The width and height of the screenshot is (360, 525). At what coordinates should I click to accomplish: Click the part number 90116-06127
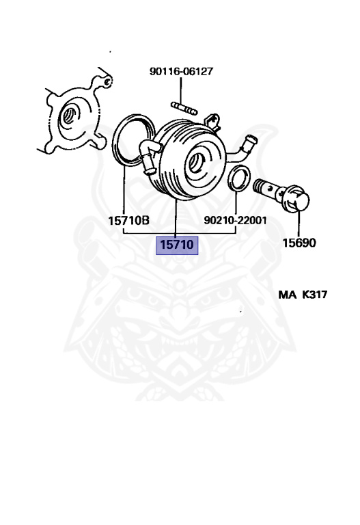click(181, 71)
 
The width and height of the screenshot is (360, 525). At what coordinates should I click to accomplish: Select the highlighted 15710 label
click(177, 245)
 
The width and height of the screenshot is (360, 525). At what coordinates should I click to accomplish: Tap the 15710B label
click(129, 221)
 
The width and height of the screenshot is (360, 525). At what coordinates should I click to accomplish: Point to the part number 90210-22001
click(235, 220)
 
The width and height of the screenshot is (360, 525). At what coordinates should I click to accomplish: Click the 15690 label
click(299, 243)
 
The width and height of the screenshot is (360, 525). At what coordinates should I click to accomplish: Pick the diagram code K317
click(314, 295)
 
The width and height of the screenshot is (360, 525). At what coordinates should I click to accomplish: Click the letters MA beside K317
click(287, 295)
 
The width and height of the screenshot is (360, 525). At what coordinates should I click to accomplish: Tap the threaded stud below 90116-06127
click(184, 109)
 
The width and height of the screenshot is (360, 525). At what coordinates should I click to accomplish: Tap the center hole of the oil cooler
click(195, 163)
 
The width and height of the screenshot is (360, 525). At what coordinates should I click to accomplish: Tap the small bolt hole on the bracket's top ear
click(107, 82)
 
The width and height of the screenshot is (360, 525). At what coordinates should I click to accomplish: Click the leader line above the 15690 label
click(299, 224)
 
